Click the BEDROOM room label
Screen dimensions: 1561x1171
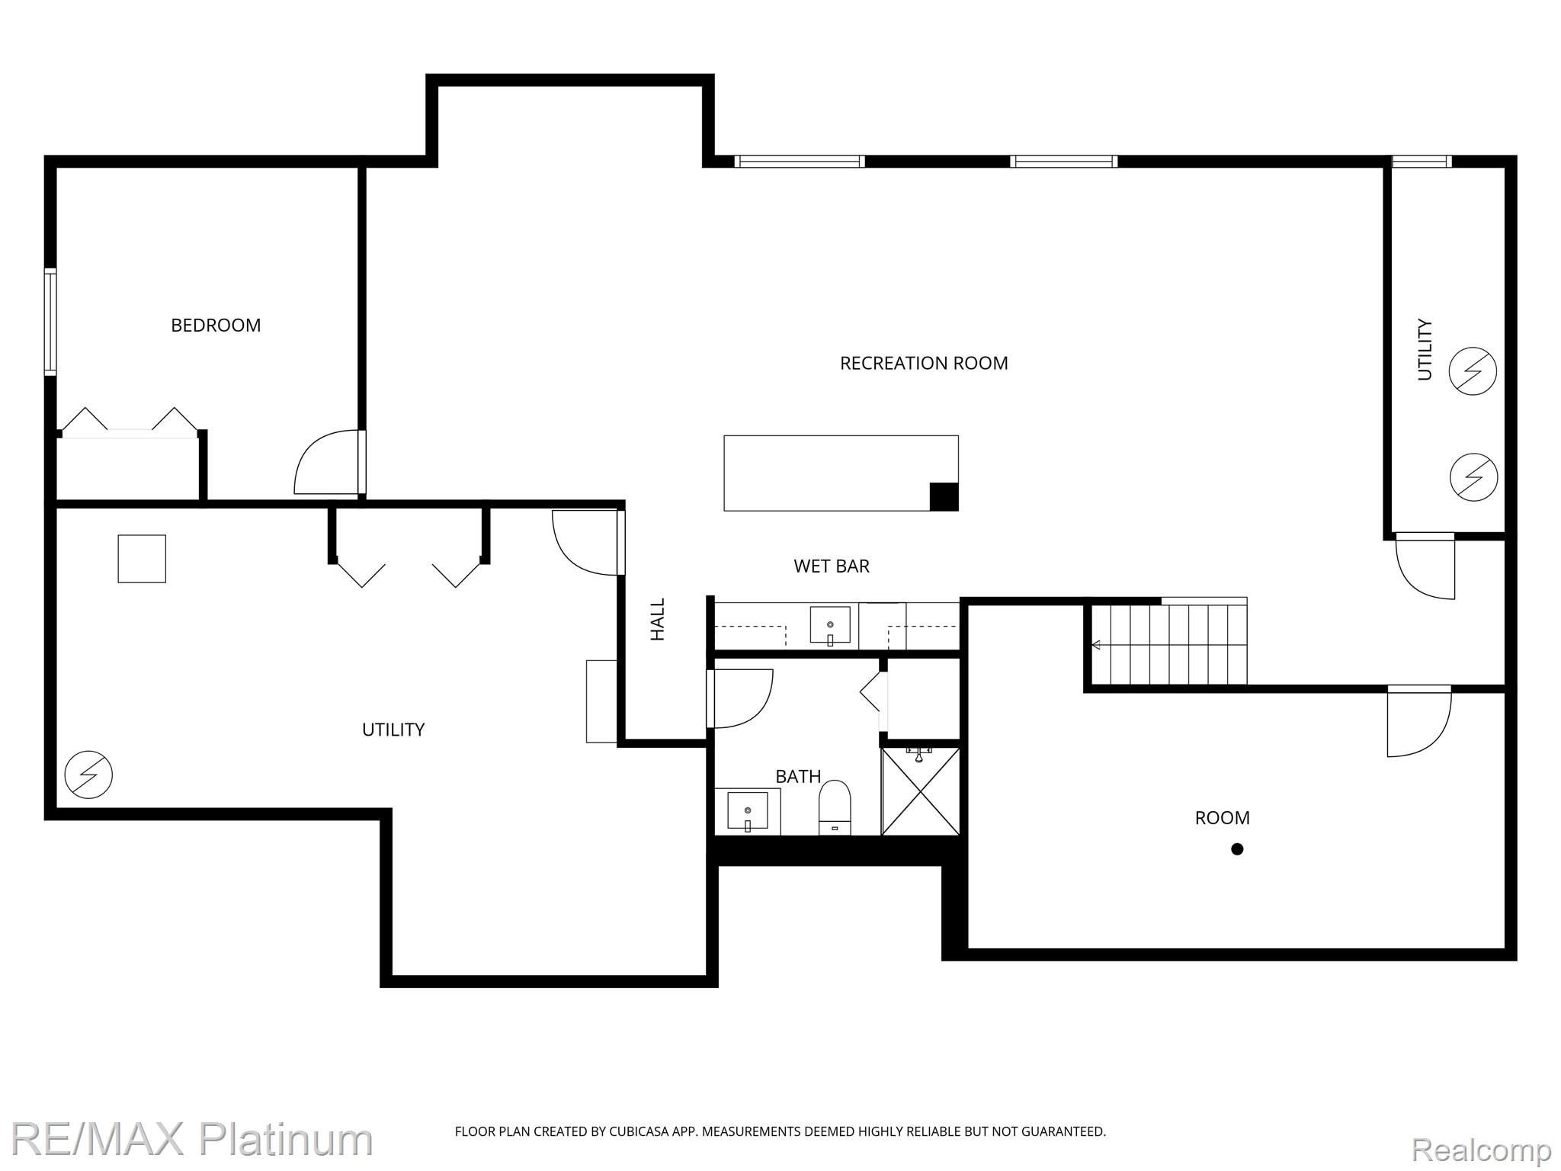click(216, 326)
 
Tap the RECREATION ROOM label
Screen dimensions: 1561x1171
click(924, 364)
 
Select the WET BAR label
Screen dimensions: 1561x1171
click(832, 566)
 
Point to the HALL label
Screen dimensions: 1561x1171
click(658, 619)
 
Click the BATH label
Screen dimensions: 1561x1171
click(798, 777)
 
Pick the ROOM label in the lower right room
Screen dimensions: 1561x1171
click(1222, 818)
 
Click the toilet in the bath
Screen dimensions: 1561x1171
click(835, 807)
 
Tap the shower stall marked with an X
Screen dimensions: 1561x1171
click(921, 791)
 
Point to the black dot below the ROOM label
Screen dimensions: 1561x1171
click(1237, 849)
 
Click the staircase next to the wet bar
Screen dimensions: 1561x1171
click(1168, 645)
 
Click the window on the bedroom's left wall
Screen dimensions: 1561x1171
click(50, 322)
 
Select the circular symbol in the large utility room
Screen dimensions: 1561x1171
click(88, 775)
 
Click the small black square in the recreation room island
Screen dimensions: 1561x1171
click(944, 497)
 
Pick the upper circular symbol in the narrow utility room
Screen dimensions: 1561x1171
click(1473, 371)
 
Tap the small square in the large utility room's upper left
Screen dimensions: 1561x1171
click(142, 559)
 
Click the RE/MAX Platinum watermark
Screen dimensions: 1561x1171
click(191, 1140)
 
